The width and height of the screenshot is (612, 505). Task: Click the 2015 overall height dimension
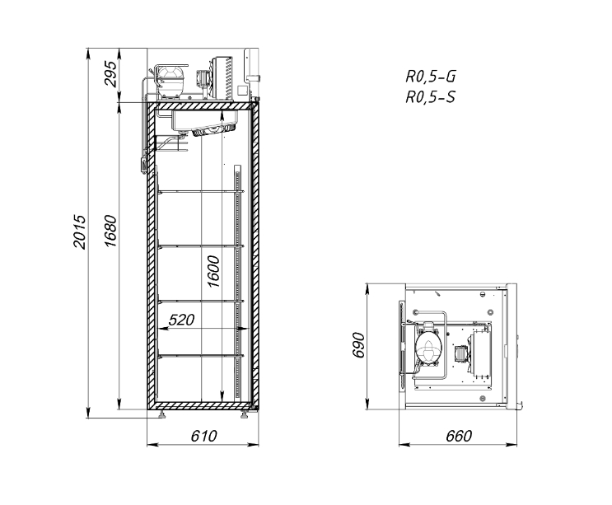79,231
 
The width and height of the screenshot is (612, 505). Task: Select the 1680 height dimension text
110,231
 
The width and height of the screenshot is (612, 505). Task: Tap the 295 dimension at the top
110,74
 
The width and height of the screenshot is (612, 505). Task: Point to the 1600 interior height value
213,272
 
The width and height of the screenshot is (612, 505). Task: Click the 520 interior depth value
181,320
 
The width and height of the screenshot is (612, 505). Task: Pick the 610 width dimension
203,436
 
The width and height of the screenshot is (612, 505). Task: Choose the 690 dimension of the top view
358,345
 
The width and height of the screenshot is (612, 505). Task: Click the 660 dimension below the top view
459,436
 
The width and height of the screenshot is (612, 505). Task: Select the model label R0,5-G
431,77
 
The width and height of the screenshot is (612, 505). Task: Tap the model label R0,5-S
431,96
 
